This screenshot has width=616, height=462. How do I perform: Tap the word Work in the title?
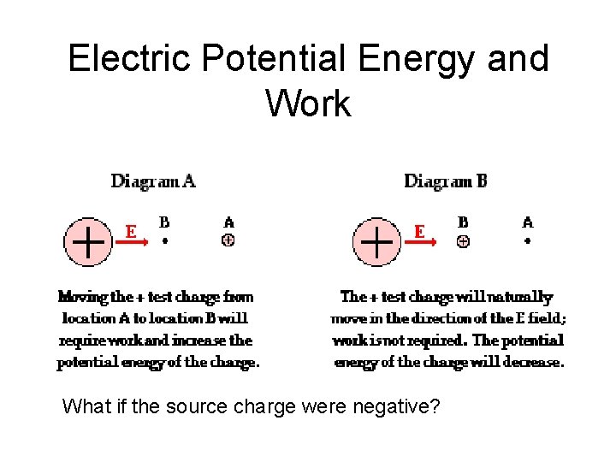coord(308,104)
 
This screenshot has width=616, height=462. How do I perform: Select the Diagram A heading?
coord(153,181)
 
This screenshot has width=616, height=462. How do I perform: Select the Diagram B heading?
coord(446,181)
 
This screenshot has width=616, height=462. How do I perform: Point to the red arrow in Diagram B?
coord(421,242)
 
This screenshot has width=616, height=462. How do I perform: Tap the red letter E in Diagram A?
coord(130,230)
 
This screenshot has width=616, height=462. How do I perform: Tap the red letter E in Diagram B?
coord(419,230)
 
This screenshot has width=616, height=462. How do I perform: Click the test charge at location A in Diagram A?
coord(228,240)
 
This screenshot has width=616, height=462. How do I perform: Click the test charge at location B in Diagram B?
coord(463,241)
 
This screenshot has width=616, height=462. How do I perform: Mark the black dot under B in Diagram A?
coord(165,241)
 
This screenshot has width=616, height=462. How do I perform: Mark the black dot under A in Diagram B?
coord(527,241)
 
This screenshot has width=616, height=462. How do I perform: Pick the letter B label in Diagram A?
coord(164,222)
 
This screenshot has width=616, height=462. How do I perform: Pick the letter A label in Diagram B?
coord(527,222)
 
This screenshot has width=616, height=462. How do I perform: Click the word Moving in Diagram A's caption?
coord(82,297)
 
